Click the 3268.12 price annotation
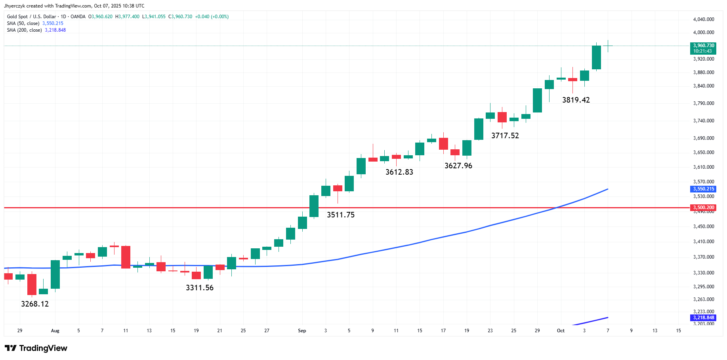click(x=35, y=304)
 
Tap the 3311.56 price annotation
click(x=200, y=288)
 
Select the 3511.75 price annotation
click(x=341, y=215)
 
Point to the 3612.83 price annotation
click(x=399, y=172)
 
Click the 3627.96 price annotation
click(x=458, y=166)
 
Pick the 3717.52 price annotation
click(x=505, y=136)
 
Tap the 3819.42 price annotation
click(x=576, y=100)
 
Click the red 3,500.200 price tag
click(x=704, y=208)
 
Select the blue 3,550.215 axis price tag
click(x=704, y=189)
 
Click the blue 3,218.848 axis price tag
click(x=704, y=318)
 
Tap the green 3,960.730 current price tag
click(x=704, y=48)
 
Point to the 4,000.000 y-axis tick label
click(x=704, y=32)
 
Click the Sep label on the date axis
click(x=302, y=331)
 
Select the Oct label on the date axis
click(x=561, y=331)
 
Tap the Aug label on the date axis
click(x=55, y=331)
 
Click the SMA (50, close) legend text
click(x=23, y=23)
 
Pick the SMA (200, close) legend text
click(x=25, y=30)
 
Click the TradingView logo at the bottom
click(x=36, y=348)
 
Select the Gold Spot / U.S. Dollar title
click(x=32, y=17)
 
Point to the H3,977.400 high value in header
click(x=127, y=17)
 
